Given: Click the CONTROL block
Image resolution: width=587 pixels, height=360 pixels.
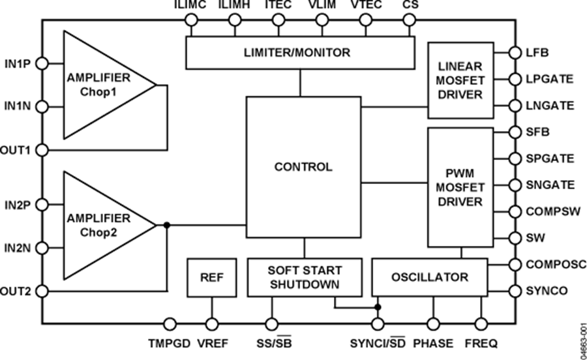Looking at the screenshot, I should pyautogui.click(x=303, y=167).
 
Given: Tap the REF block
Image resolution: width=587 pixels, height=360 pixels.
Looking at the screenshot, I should pyautogui.click(x=211, y=277).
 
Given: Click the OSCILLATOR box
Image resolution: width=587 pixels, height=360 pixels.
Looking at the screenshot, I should pyautogui.click(x=429, y=277).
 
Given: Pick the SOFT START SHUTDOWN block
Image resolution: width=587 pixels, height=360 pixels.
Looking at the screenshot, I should pyautogui.click(x=304, y=277).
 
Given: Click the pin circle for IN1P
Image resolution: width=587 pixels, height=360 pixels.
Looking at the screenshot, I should pyautogui.click(x=42, y=63).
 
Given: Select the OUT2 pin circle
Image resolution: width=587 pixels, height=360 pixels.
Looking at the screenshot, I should pyautogui.click(x=42, y=291).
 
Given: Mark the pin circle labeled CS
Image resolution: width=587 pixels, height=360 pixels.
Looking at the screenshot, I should pyautogui.click(x=409, y=20).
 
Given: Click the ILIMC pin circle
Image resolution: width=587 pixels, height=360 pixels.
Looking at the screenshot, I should pyautogui.click(x=191, y=20).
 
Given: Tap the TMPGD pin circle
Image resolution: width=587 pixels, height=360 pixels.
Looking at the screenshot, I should pyautogui.click(x=170, y=323).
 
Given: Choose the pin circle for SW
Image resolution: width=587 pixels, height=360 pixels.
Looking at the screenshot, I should pyautogui.click(x=516, y=239).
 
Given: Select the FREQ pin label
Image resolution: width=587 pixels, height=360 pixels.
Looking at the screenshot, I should pyautogui.click(x=482, y=342).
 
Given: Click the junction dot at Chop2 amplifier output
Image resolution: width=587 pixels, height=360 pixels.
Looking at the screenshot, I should pyautogui.click(x=167, y=225).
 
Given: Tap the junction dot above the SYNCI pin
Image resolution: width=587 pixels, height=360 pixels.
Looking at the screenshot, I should pyautogui.click(x=378, y=305).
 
